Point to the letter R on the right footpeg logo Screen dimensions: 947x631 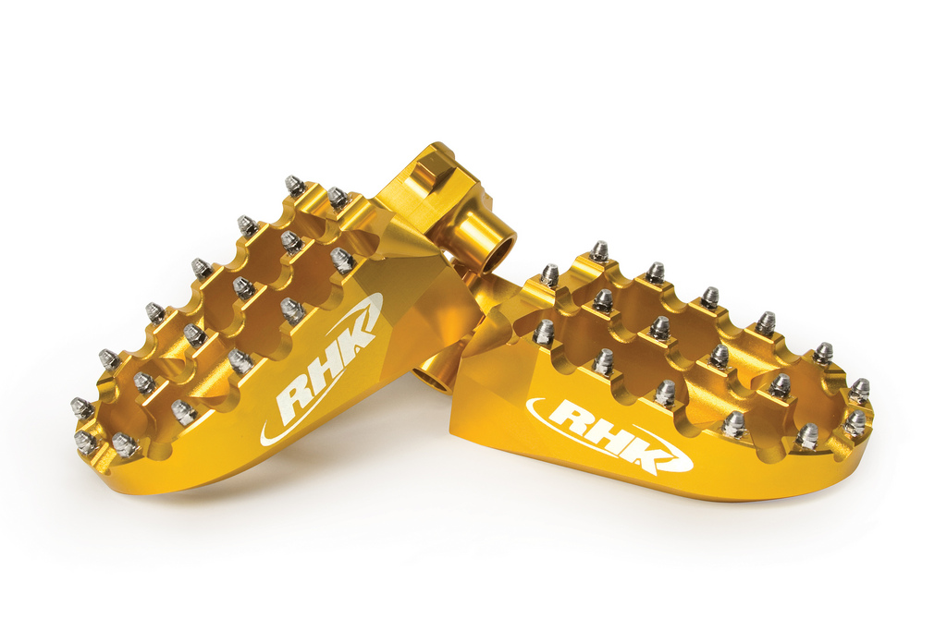click(569, 418)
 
